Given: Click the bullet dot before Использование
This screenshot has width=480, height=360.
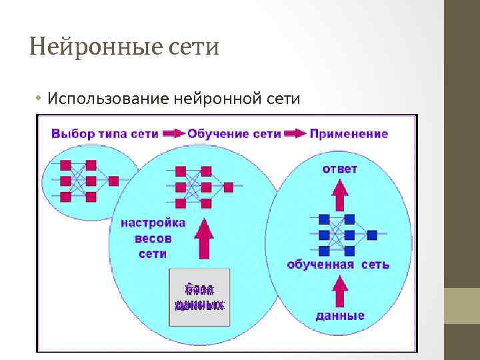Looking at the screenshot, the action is click(x=39, y=99).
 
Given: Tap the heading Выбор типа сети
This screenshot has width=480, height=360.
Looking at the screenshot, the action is click(x=105, y=133).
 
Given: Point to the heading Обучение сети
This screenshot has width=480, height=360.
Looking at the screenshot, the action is click(x=234, y=133).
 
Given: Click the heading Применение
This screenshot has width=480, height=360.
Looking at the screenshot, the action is click(x=349, y=133).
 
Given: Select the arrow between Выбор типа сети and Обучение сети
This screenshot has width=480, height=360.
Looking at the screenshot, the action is click(x=173, y=133).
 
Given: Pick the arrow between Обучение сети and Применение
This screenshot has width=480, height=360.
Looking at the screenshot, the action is click(x=295, y=133).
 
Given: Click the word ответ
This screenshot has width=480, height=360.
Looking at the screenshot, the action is click(x=340, y=169).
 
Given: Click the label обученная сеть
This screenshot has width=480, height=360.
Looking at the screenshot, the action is click(x=338, y=265).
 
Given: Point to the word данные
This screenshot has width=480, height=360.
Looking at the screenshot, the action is click(x=340, y=315).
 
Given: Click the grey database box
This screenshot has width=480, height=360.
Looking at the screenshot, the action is click(x=199, y=297).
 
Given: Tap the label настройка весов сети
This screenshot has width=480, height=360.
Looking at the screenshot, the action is click(x=153, y=238).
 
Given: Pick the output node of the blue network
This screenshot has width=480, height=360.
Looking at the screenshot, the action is click(x=372, y=235).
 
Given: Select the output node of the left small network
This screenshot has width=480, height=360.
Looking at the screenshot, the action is click(x=113, y=181).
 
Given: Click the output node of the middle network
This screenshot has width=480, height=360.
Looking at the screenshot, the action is click(x=228, y=187).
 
